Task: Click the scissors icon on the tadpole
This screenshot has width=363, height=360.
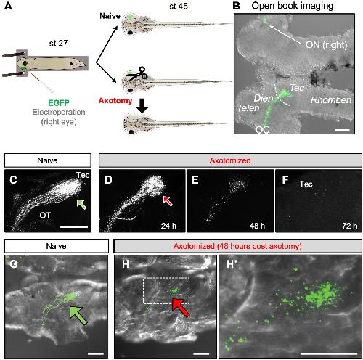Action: (137, 73)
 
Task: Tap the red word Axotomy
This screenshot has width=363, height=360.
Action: (115, 101)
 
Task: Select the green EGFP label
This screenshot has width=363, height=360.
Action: (59, 103)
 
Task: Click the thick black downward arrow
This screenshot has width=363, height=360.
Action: (142, 106)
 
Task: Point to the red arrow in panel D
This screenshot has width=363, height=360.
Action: (168, 201)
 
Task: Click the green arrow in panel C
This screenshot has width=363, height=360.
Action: (81, 204)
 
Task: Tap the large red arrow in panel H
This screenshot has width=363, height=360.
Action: (181, 307)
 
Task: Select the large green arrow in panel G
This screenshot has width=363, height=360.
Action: (78, 315)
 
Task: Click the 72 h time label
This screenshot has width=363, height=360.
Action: (350, 226)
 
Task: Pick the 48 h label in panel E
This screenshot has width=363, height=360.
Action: (257, 226)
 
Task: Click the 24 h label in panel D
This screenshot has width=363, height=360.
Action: (168, 226)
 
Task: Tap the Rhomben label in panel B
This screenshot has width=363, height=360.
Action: (331, 100)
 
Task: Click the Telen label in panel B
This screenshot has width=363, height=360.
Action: (248, 108)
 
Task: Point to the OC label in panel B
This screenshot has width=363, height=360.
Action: (262, 130)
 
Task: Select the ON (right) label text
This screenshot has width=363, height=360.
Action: (327, 45)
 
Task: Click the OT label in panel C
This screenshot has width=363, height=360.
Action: (45, 216)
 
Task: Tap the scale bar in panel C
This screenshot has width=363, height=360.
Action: (73, 227)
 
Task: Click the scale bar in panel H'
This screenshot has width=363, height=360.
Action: (329, 353)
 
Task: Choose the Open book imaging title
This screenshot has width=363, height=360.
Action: (293, 6)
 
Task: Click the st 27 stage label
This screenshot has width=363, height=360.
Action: (58, 44)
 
